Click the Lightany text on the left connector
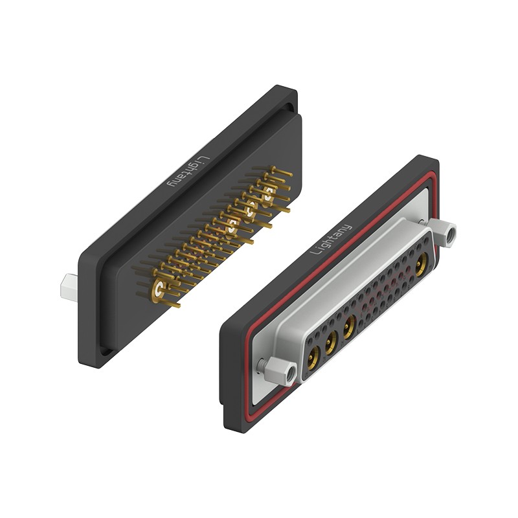tap(189, 171)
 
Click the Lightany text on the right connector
tap(331, 239)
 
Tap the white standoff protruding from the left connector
tap(69, 287)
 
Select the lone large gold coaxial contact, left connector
tap(159, 289)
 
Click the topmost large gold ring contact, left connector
tap(269, 194)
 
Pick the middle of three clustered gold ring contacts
tap(251, 209)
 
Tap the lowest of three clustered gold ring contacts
tap(232, 225)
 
